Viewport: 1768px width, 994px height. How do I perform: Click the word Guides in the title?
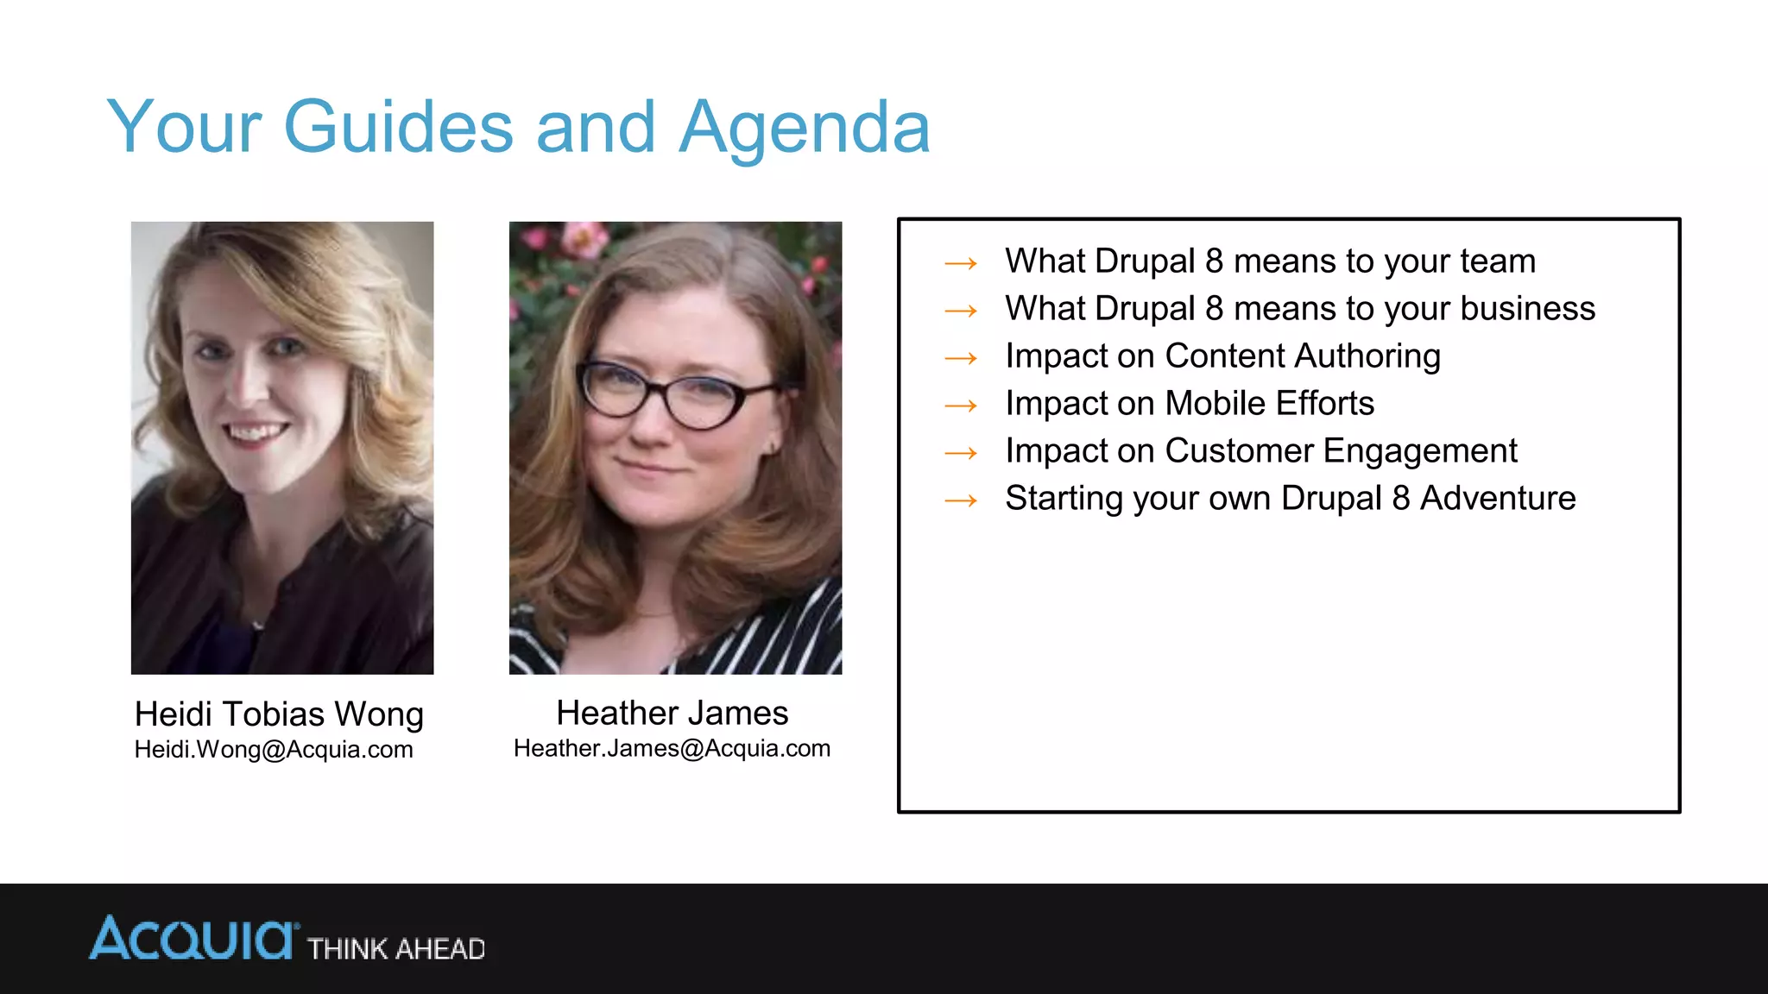(x=398, y=127)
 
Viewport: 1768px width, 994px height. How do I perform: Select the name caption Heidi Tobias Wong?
(x=279, y=714)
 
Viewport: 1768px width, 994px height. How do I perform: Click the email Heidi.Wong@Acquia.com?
(x=274, y=749)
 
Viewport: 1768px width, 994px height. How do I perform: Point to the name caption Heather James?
(x=672, y=714)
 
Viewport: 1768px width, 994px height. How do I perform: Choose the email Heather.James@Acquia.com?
(x=672, y=748)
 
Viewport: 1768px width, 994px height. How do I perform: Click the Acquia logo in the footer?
(x=193, y=939)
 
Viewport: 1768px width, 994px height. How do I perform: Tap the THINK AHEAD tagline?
(x=396, y=949)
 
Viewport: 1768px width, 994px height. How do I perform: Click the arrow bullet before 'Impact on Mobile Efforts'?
(x=961, y=405)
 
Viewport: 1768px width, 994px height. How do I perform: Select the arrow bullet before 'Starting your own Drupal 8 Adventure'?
(x=961, y=500)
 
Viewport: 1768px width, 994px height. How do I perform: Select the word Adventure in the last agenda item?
(x=1498, y=498)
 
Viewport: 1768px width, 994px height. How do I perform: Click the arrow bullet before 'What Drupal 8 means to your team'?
(x=961, y=262)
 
